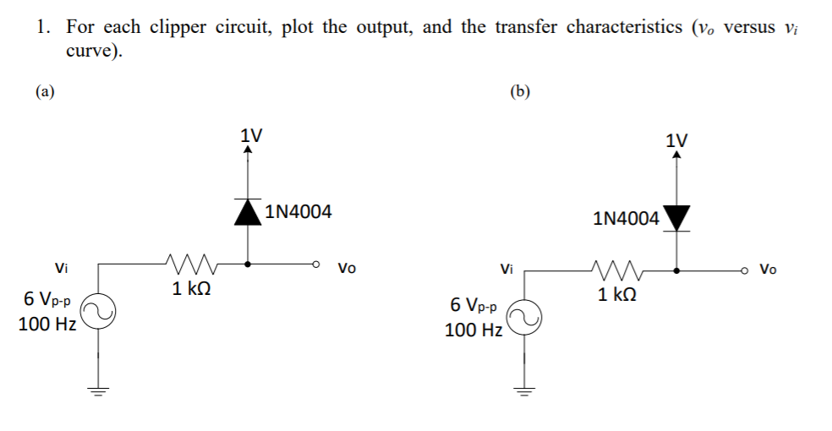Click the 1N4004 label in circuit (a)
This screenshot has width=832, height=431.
pos(298,212)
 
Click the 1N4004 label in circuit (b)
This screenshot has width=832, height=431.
pos(627,219)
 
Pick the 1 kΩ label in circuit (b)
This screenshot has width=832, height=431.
pos(617,295)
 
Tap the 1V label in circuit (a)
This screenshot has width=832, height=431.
pos(251,135)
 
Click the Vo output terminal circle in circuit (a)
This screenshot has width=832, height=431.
pos(315,264)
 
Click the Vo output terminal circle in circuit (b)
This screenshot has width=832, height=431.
pos(744,270)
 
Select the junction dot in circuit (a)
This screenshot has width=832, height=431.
pos(247,264)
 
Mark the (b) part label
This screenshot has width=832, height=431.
pos(521,91)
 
